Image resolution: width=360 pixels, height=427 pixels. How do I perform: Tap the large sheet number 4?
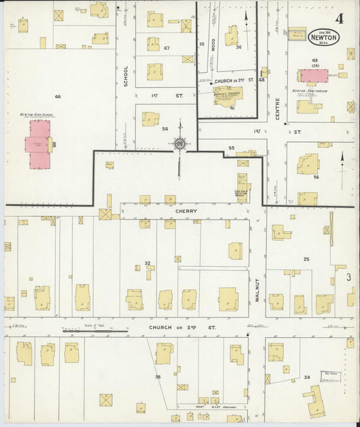pos(337,18)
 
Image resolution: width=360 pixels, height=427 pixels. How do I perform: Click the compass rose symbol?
pos(180,143)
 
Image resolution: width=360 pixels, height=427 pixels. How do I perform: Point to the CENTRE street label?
pos(277,108)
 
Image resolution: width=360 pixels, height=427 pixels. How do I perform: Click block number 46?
pos(57,97)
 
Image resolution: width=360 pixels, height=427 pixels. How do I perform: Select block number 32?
pos(147,263)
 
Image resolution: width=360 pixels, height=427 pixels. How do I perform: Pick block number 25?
pos(306,259)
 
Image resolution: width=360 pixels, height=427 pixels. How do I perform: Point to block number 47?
pos(166,48)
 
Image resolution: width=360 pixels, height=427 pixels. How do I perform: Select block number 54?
pos(164,128)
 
